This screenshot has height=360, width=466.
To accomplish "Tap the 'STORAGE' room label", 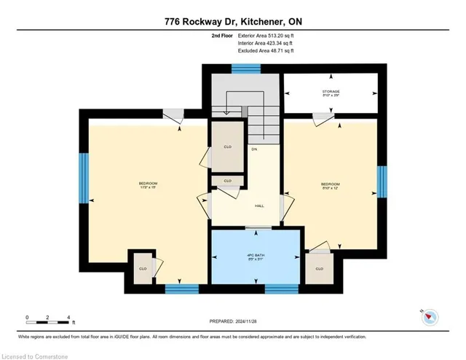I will (x=331, y=93).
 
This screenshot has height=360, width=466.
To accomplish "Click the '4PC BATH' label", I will (x=254, y=254).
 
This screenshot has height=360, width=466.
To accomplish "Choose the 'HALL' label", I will (x=258, y=206).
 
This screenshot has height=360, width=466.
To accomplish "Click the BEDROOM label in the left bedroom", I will (x=148, y=184).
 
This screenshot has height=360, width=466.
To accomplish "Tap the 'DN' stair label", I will (x=254, y=149).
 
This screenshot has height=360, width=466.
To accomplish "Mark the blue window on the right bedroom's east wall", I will (x=381, y=182).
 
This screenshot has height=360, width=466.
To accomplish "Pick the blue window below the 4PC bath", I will (x=281, y=289).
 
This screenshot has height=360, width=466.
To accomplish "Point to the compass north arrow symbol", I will (x=430, y=316).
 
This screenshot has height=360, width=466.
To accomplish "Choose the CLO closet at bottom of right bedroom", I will (x=319, y=268).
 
